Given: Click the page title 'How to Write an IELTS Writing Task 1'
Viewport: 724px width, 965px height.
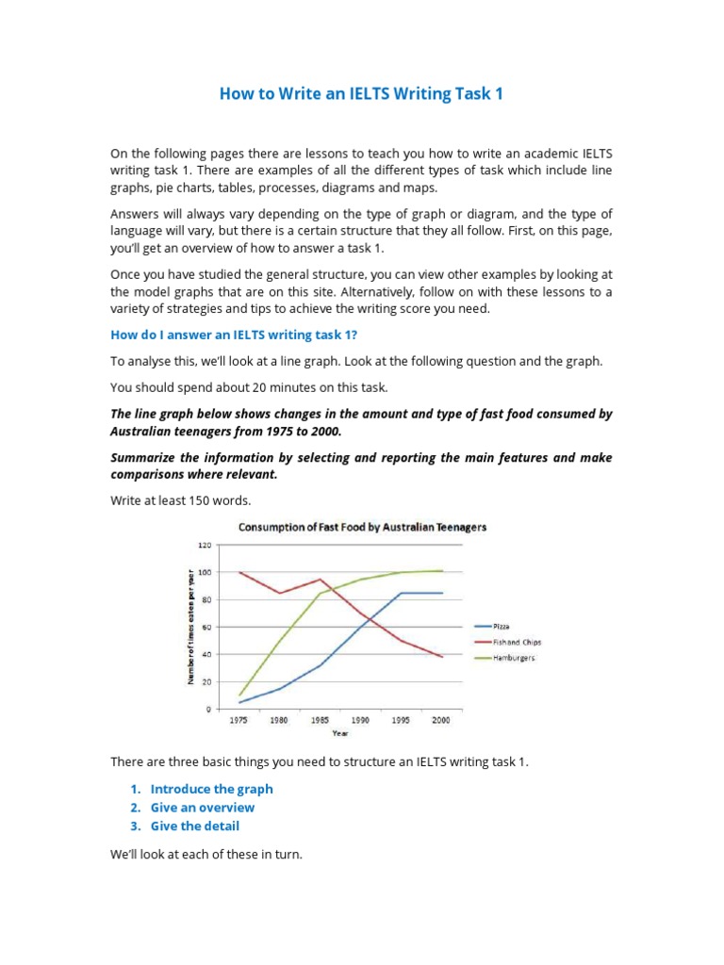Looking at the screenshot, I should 361,95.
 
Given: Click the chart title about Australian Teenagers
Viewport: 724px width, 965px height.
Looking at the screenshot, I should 362,528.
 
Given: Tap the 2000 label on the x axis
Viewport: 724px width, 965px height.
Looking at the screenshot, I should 441,720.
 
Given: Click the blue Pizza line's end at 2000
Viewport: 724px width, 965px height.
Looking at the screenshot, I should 442,593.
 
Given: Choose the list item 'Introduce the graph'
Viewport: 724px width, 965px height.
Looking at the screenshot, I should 211,789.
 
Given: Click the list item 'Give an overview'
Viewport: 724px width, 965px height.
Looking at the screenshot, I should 202,808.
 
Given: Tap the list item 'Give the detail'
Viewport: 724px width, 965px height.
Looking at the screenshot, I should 194,826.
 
